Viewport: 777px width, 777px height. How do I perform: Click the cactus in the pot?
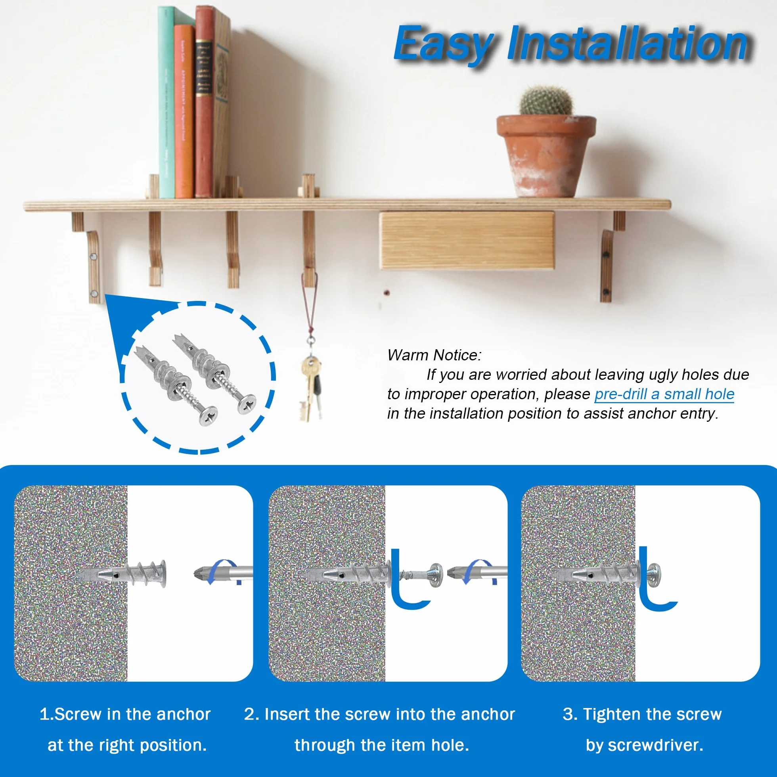pos(546,101)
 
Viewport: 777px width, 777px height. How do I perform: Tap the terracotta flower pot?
pos(546,156)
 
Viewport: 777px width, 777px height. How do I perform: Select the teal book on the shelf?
pos(166,103)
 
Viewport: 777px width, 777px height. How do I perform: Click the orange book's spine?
pos(185,112)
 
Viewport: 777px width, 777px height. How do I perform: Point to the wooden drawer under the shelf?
pos(467,241)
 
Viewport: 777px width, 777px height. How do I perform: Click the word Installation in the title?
pos(628,43)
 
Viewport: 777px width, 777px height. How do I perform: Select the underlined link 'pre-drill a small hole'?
pos(664,394)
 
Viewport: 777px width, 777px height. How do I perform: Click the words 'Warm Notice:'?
pos(434,355)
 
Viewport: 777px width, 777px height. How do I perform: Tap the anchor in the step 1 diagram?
pos(121,573)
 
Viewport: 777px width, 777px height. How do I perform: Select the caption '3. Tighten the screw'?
pos(642,715)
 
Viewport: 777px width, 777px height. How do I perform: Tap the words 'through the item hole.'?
pos(382,746)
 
